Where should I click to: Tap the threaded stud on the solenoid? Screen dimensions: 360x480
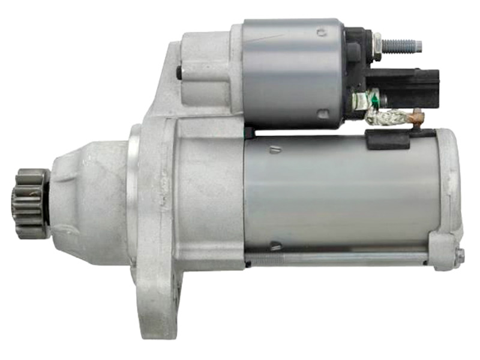click(402, 46)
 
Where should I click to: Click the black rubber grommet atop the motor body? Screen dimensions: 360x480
click(388, 140)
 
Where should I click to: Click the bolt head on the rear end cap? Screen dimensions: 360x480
click(458, 257)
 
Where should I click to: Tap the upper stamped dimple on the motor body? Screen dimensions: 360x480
click(274, 149)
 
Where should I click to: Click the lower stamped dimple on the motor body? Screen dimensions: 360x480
click(275, 245)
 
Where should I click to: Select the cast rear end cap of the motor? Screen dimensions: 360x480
click(447, 192)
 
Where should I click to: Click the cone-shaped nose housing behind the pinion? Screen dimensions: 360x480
click(90, 192)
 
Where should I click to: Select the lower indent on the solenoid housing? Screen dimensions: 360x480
click(323, 112)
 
